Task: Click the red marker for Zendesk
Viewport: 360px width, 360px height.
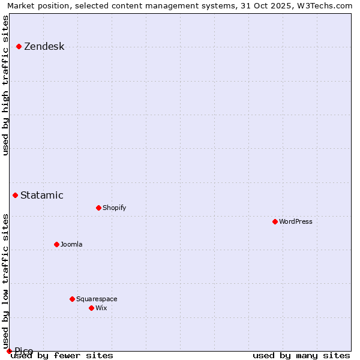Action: [19, 46]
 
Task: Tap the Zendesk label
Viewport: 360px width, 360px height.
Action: [44, 47]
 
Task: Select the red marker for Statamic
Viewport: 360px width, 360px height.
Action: [16, 195]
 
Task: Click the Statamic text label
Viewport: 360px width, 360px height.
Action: [41, 195]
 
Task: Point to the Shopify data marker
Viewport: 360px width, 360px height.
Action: [98, 208]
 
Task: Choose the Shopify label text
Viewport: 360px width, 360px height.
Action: [114, 208]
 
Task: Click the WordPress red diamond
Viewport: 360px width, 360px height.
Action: [275, 221]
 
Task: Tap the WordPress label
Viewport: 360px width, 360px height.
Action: [295, 221]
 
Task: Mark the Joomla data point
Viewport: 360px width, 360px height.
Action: [56, 244]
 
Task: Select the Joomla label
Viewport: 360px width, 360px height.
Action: [71, 244]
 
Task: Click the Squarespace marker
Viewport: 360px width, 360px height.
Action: [72, 299]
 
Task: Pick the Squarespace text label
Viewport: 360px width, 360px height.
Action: [97, 299]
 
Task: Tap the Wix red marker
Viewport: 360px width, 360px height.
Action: [91, 308]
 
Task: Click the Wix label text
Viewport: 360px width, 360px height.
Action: [101, 308]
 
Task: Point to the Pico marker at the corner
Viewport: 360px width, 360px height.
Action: [9, 351]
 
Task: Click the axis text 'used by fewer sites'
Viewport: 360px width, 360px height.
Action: [62, 355]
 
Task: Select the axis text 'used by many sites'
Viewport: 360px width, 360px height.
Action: [301, 355]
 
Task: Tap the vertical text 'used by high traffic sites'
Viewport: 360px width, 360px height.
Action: [5, 85]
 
